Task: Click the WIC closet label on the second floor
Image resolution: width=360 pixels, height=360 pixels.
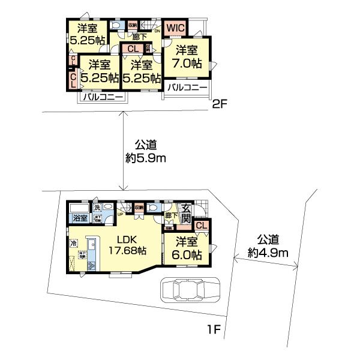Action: pyautogui.click(x=176, y=28)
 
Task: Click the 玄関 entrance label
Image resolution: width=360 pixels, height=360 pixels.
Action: pyautogui.click(x=186, y=213)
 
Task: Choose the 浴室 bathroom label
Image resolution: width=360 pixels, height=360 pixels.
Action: pyautogui.click(x=80, y=218)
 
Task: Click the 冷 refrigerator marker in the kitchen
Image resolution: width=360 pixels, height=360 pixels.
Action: pyautogui.click(x=73, y=244)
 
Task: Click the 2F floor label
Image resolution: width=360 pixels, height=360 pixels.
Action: pyautogui.click(x=218, y=103)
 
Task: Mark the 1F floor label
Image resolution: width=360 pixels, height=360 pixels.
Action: pyautogui.click(x=214, y=329)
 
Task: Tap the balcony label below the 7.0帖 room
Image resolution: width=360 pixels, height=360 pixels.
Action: pyautogui.click(x=187, y=88)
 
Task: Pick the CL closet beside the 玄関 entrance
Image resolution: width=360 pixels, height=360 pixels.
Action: pyautogui.click(x=202, y=225)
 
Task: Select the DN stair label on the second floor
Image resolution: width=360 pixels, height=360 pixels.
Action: pyautogui.click(x=157, y=32)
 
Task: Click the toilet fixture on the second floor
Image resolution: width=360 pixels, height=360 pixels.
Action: pyautogui.click(x=115, y=26)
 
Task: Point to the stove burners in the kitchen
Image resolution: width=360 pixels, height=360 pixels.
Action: pyautogui.click(x=91, y=265)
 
